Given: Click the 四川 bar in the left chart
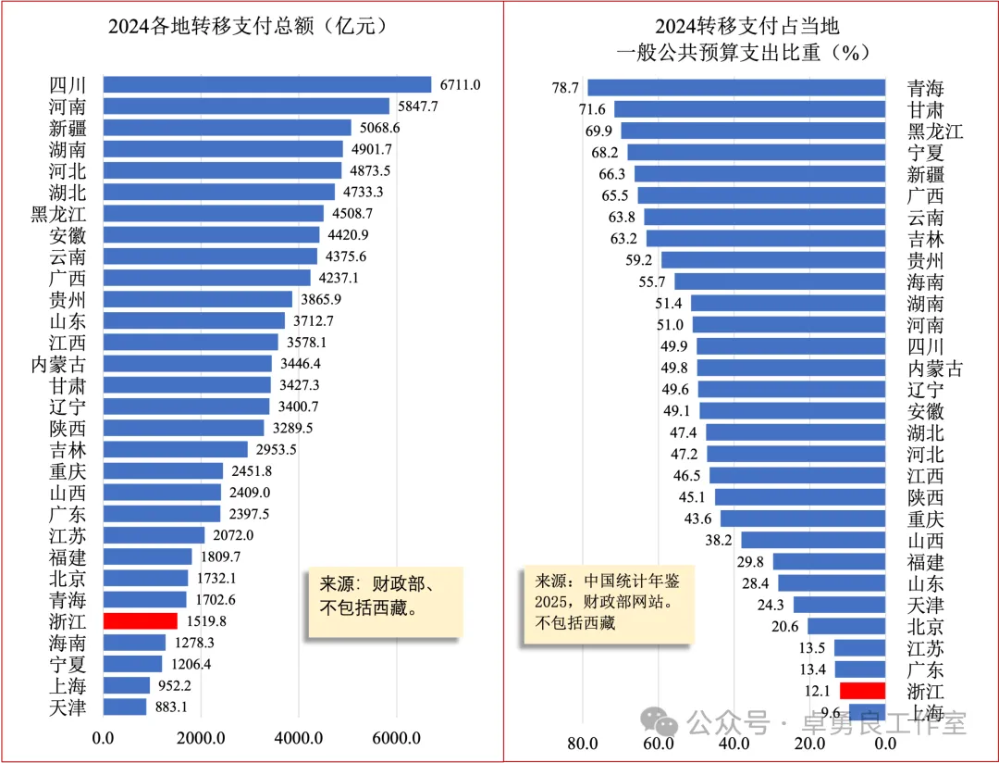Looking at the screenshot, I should pos(266,84).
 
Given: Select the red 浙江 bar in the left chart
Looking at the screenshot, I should pos(140,620).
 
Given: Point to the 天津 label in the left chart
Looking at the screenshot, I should pos(68,707).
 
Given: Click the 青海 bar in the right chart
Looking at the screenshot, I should pos(736,88).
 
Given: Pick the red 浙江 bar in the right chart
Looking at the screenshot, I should pos(862,690).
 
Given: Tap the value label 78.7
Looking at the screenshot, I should pos(565,88).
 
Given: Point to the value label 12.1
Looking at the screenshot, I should pos(819,691).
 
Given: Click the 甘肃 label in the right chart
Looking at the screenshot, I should pos(926,109).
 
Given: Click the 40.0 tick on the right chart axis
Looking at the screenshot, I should pos(734,744).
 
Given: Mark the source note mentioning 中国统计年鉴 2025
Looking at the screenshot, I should pos(607,601).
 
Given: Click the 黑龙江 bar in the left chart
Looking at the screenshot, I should pos(213,213).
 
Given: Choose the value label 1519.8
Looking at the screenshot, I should pos(202,620).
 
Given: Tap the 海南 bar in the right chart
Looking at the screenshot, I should pos(780,281).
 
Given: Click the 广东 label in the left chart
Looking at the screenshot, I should pos(68,514).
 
